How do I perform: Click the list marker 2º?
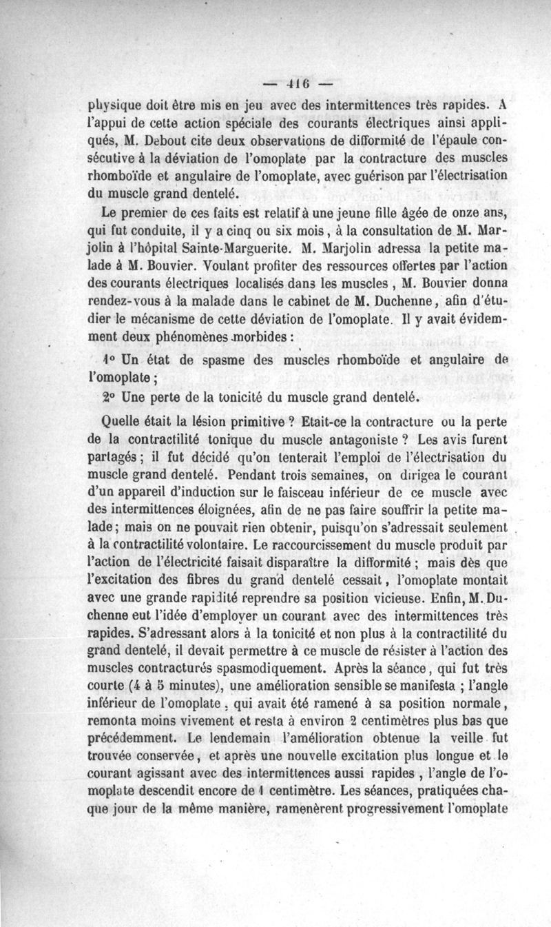pyautogui.click(x=107, y=397)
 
